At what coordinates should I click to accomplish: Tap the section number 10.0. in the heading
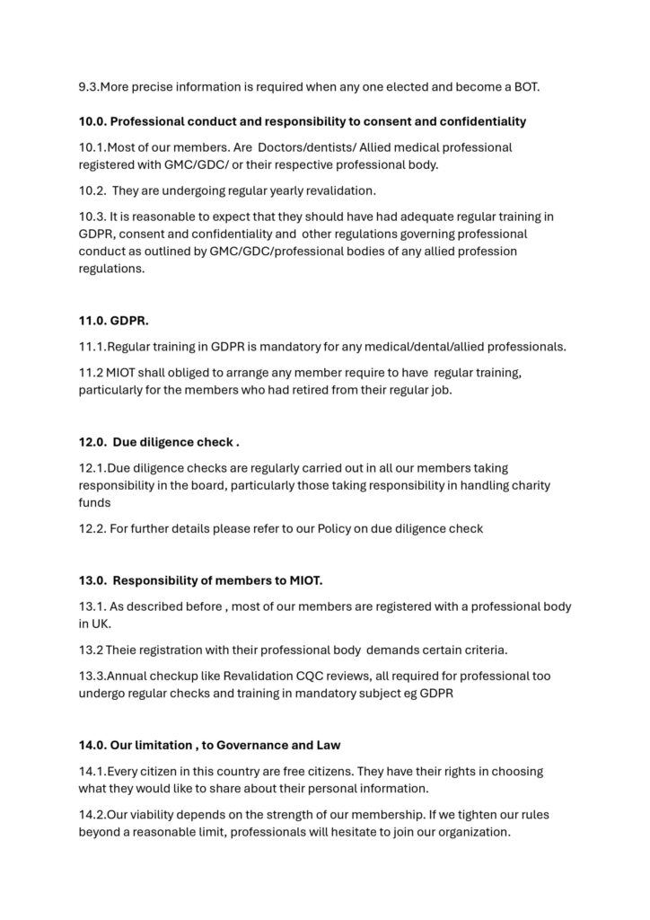[92, 121]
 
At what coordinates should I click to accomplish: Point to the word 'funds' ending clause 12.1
[93, 503]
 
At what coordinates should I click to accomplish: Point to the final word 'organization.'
[470, 831]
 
